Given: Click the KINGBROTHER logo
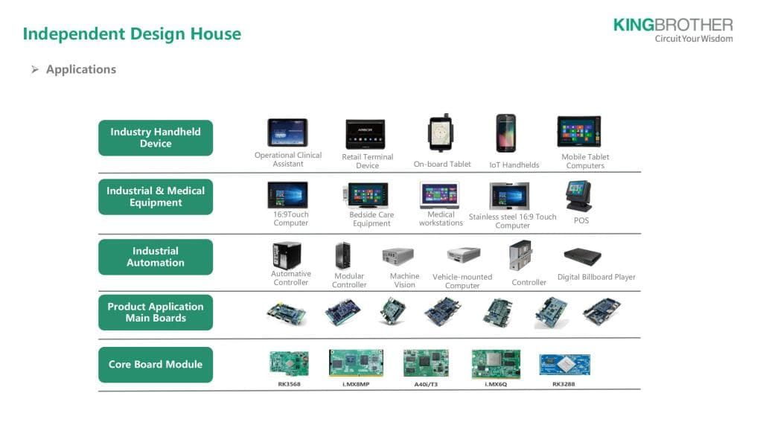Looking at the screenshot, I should pyautogui.click(x=672, y=30).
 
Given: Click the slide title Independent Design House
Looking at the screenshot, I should pyautogui.click(x=132, y=33).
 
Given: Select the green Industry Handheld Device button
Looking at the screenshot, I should pyautogui.click(x=156, y=138).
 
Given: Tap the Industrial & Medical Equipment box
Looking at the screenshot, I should pyautogui.click(x=156, y=197).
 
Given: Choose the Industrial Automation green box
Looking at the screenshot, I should pyautogui.click(x=156, y=257).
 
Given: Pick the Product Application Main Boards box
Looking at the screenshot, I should pyautogui.click(x=156, y=312).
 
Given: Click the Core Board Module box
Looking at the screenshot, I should pyautogui.click(x=156, y=365).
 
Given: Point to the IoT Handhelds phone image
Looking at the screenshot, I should pyautogui.click(x=506, y=133).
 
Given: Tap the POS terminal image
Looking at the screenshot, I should pyautogui.click(x=578, y=197).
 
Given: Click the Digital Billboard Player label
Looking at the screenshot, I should pyautogui.click(x=596, y=277).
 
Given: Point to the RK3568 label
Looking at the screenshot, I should pyautogui.click(x=289, y=384).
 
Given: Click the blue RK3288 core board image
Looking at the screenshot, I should pyautogui.click(x=564, y=365).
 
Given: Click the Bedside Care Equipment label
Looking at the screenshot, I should pyautogui.click(x=371, y=219).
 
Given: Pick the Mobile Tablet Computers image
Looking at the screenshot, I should pyautogui.click(x=579, y=132).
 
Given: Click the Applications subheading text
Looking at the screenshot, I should pyautogui.click(x=80, y=69).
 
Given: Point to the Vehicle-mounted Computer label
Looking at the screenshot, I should pyautogui.click(x=462, y=281).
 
